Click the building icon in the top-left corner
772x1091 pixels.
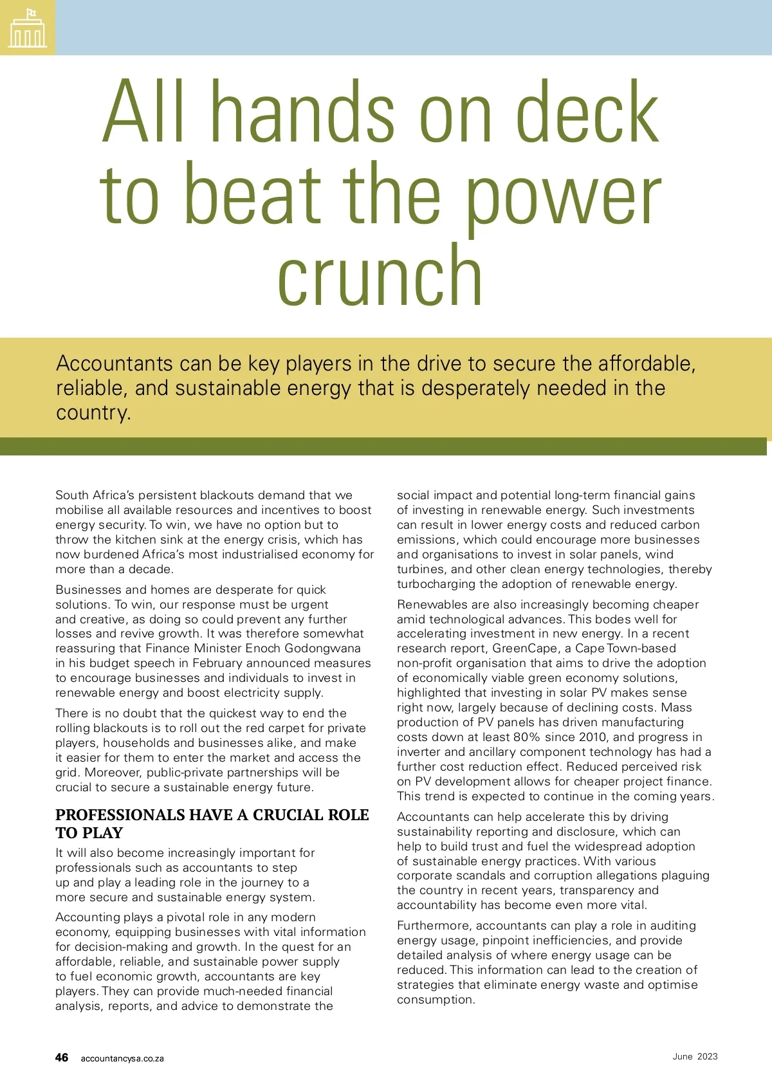(x=28, y=28)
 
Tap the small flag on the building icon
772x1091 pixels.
(x=31, y=13)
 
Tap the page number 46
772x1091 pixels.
(x=62, y=1058)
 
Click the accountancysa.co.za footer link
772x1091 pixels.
(x=122, y=1058)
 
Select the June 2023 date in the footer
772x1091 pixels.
(x=695, y=1056)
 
